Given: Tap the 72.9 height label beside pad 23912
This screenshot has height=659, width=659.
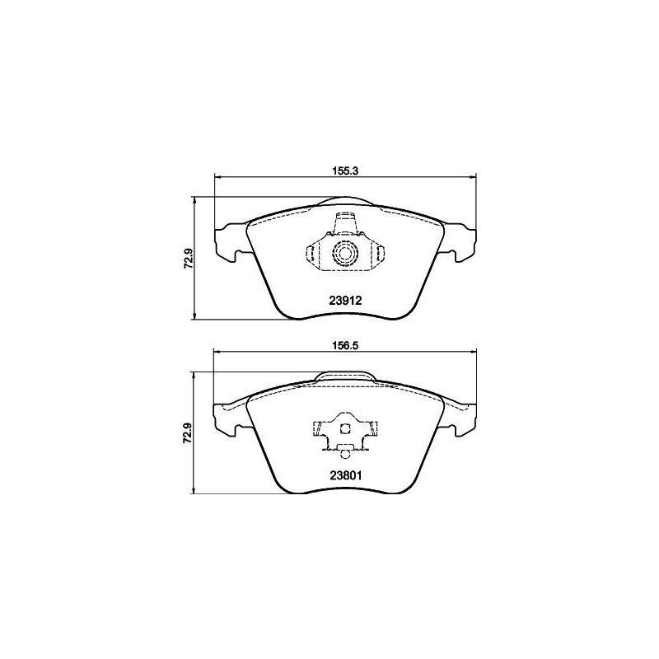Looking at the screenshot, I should pos(189,259).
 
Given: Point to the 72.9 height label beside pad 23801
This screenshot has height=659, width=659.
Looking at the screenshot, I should pos(189,432).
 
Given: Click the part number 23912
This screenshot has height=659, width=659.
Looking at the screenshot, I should pos(345,301).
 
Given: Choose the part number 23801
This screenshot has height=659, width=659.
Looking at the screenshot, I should pos(345,474).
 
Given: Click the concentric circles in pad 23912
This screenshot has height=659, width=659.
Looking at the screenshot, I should pos(345,253).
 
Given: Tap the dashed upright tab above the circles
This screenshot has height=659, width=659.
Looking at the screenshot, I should pos(345,223).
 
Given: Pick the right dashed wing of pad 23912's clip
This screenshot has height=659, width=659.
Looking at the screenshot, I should pos(375,254).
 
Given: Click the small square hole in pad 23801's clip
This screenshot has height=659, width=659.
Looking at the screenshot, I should pos(346,427).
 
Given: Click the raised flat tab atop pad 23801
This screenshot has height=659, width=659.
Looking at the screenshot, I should pos(345,376).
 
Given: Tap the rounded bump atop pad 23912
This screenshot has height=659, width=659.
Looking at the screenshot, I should pos(345,199).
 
